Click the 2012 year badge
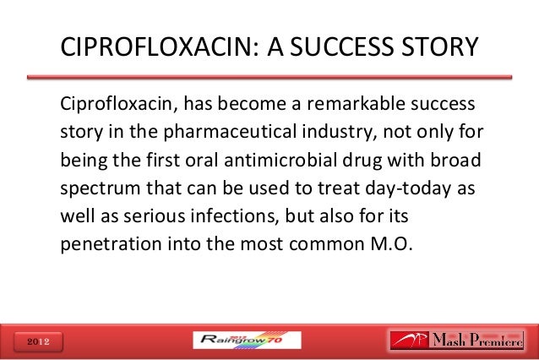pyautogui.click(x=35, y=341)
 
